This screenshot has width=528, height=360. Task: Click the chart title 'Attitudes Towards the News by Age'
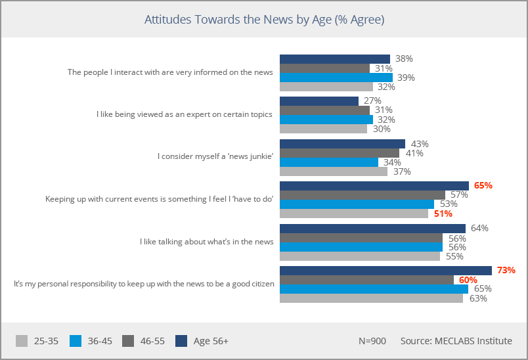pos(264,20)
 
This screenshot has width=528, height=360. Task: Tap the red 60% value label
pos(468,280)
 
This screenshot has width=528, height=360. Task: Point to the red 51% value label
pos(443,214)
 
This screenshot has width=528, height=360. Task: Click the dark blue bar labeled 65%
pos(374,186)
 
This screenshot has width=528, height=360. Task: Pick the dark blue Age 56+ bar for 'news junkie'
pos(342,143)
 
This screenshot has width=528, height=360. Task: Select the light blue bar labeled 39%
pos(336,78)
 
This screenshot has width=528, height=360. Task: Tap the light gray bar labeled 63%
pos(371,298)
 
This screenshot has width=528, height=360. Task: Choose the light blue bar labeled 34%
pos(328,162)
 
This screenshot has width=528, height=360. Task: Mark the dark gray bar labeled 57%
pos(363,195)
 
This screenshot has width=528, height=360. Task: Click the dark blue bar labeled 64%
pos(372,228)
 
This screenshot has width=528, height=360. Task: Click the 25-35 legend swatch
pos(22,341)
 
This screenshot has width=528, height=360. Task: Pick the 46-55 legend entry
pos(144,341)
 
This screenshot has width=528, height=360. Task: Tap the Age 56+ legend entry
pos(203,341)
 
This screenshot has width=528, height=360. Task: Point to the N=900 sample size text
pos(372,341)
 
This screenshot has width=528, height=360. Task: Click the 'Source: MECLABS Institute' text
pos(456,341)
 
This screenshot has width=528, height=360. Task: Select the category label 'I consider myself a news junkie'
pos(215,156)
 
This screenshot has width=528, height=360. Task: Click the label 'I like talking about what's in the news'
pos(206,242)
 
